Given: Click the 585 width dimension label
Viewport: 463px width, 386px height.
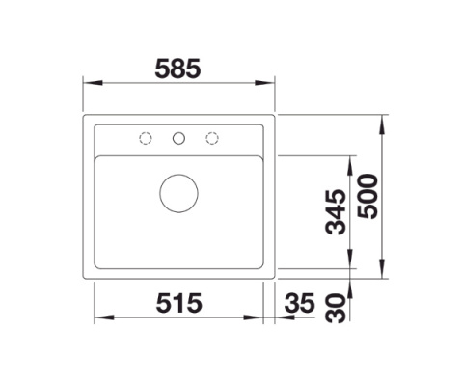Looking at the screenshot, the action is pyautogui.click(x=177, y=69).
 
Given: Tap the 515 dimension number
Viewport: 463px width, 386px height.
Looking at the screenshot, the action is pyautogui.click(x=178, y=303).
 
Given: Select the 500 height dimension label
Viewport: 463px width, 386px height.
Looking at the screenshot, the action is pyautogui.click(x=368, y=197).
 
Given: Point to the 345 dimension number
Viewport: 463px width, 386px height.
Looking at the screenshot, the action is pyautogui.click(x=336, y=212).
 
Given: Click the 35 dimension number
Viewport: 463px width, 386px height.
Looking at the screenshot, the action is pyautogui.click(x=299, y=303).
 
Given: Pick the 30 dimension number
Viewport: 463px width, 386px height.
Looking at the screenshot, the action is pyautogui.click(x=336, y=308).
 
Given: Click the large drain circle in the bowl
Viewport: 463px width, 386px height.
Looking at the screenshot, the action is pyautogui.click(x=178, y=194).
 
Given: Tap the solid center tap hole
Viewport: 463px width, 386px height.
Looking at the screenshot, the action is pyautogui.click(x=178, y=138).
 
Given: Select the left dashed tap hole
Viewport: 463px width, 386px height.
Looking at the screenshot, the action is pyautogui.click(x=146, y=138).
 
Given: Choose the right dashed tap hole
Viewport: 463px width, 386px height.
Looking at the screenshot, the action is pyautogui.click(x=212, y=138).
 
